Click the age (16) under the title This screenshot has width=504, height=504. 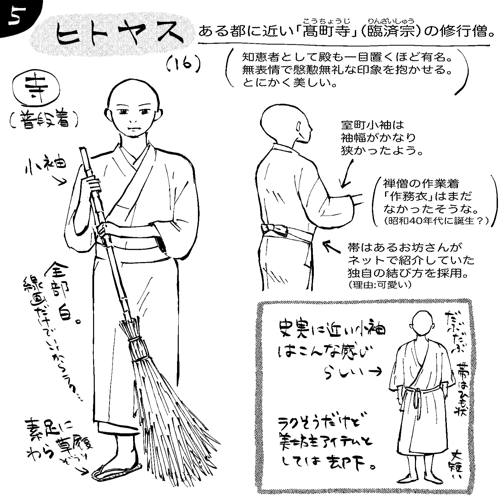[183, 66]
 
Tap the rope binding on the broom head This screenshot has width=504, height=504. [138, 349]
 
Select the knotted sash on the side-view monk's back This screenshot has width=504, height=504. [274, 229]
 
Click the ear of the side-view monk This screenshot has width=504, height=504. [298, 127]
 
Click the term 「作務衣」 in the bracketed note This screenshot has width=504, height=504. [412, 196]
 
